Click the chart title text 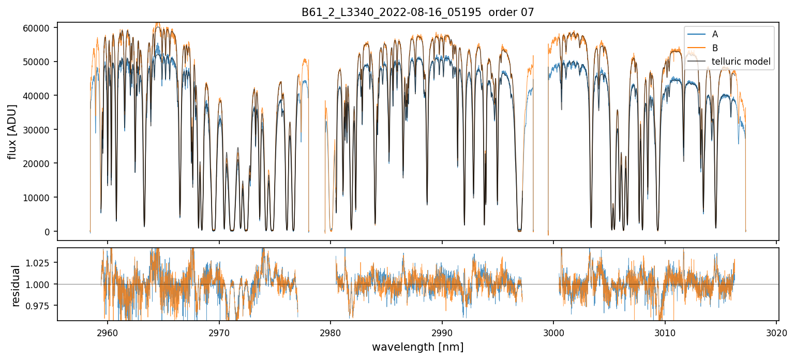[417, 12]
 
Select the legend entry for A [715, 34]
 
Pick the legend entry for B [715, 48]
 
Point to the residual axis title [16, 286]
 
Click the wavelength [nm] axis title [417, 347]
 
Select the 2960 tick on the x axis [108, 332]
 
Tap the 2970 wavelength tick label [219, 332]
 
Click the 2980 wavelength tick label [331, 332]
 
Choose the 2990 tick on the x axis [442, 332]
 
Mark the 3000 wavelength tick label [553, 332]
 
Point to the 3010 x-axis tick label [665, 332]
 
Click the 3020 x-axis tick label [776, 332]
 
